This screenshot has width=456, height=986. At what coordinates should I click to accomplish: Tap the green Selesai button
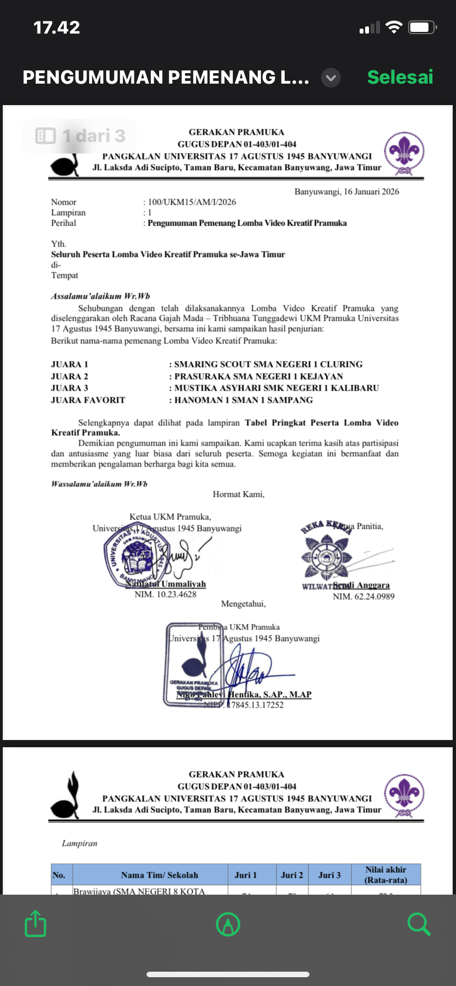pyautogui.click(x=400, y=77)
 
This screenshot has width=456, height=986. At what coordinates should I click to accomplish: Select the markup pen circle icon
pyautogui.click(x=228, y=924)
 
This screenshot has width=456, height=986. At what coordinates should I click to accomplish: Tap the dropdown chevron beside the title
pyautogui.click(x=330, y=78)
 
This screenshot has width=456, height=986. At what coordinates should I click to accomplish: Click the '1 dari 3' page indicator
pyautogui.click(x=80, y=135)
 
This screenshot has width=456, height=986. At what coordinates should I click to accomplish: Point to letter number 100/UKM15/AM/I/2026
pyautogui.click(x=192, y=202)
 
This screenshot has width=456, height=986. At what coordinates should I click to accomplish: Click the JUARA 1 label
pyautogui.click(x=69, y=364)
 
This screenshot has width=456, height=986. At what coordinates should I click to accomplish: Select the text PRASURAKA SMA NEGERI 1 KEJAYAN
pyautogui.click(x=258, y=376)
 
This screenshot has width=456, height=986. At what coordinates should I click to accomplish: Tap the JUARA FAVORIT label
pyautogui.click(x=88, y=400)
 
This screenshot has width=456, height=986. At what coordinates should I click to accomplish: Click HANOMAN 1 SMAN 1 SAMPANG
pyautogui.click(x=243, y=400)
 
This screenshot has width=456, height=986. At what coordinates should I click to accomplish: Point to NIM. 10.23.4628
pyautogui.click(x=165, y=594)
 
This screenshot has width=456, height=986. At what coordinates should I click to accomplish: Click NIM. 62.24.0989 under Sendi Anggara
pyautogui.click(x=363, y=596)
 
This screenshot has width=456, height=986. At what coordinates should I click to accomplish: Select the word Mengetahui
pyautogui.click(x=243, y=604)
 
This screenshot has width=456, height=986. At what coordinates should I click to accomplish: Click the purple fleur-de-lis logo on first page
pyautogui.click(x=405, y=152)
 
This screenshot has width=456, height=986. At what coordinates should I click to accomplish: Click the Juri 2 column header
pyautogui.click(x=292, y=875)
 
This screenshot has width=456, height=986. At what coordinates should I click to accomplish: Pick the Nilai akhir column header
pyautogui.click(x=386, y=874)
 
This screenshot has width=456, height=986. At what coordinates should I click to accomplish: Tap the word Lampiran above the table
pyautogui.click(x=79, y=843)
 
